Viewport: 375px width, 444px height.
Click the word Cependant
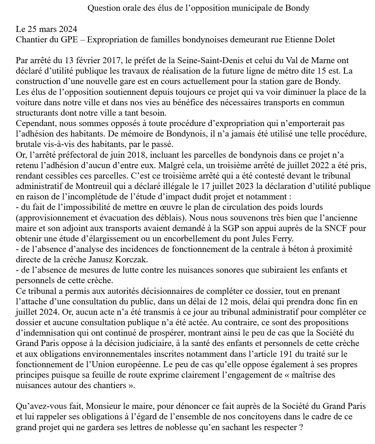click(35, 123)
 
